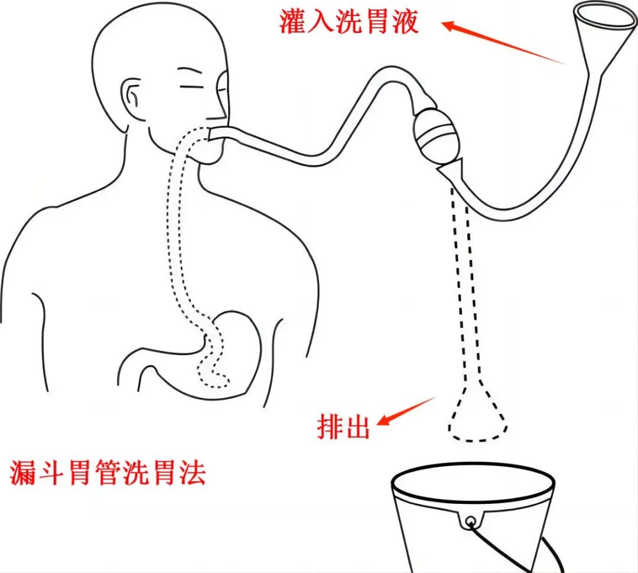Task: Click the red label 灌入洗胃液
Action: tap(349, 22)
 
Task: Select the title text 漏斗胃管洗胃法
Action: tap(108, 473)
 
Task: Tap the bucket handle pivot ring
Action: tap(471, 522)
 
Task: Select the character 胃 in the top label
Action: tap(377, 22)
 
